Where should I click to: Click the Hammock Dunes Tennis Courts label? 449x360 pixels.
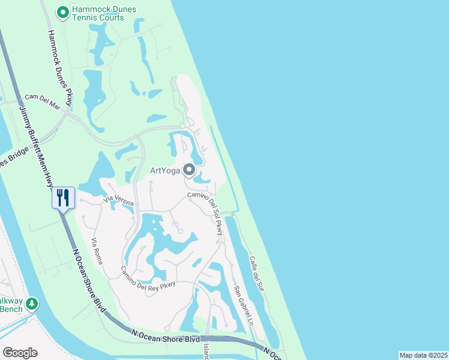103,13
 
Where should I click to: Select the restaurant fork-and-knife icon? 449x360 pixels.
64,197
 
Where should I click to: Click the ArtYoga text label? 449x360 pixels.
165,171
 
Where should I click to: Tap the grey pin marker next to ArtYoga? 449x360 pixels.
190,171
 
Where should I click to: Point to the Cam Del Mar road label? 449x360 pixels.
43,101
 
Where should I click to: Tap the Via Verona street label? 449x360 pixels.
118,200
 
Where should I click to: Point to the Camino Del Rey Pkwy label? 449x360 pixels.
148,277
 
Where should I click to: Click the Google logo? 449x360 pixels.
20,353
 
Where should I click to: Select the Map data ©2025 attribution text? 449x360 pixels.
423,355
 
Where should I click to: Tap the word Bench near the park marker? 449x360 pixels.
11,309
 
